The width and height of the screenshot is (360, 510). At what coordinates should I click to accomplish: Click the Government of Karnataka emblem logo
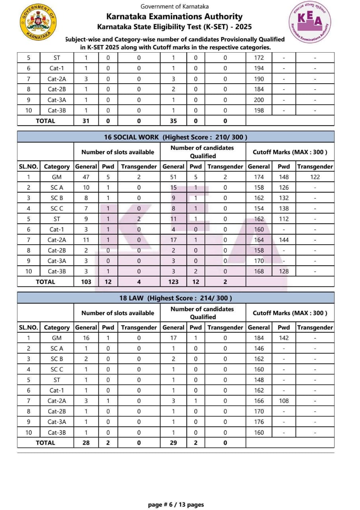point(38,22)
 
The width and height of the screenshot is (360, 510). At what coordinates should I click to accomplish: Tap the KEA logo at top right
point(310,22)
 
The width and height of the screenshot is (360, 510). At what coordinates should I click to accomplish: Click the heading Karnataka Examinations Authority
point(174,16)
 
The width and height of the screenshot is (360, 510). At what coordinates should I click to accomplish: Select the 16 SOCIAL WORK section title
point(176,137)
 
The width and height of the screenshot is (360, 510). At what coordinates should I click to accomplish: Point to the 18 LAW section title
point(176,298)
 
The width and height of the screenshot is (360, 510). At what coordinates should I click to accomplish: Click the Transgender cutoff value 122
point(315,177)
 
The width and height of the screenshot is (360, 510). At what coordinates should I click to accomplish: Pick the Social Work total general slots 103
point(86,282)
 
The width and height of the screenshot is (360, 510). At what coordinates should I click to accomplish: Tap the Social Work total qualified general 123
point(173,282)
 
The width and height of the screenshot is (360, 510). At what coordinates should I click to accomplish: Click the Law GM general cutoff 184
point(259,338)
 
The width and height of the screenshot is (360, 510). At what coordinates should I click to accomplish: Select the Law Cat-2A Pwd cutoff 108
point(284,401)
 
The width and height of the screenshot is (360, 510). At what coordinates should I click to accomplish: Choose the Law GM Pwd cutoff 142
point(284,338)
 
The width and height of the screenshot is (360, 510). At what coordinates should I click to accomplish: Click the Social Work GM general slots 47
point(86,177)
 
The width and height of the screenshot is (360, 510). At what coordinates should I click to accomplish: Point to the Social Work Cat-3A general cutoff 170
point(259,261)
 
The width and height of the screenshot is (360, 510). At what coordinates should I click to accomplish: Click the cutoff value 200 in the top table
point(259,100)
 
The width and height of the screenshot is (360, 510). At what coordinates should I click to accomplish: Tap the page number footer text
point(176,504)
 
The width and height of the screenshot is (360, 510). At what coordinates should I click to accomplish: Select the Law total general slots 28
point(86,443)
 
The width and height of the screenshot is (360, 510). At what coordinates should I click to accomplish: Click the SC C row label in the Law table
point(57,369)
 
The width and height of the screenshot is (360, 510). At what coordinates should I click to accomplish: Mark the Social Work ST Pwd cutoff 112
point(284,219)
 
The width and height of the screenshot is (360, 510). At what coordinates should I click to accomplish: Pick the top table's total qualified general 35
point(173,121)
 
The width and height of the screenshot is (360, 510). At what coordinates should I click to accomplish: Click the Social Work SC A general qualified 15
point(173,187)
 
